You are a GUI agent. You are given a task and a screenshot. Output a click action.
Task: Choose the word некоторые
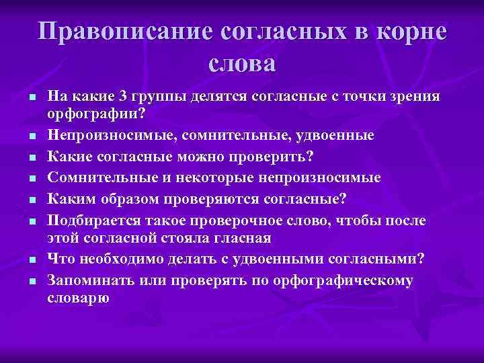(220, 177)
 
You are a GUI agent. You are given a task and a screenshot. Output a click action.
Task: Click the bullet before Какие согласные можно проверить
(31, 157)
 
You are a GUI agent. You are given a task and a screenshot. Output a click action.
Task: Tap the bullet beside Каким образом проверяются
(31, 200)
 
